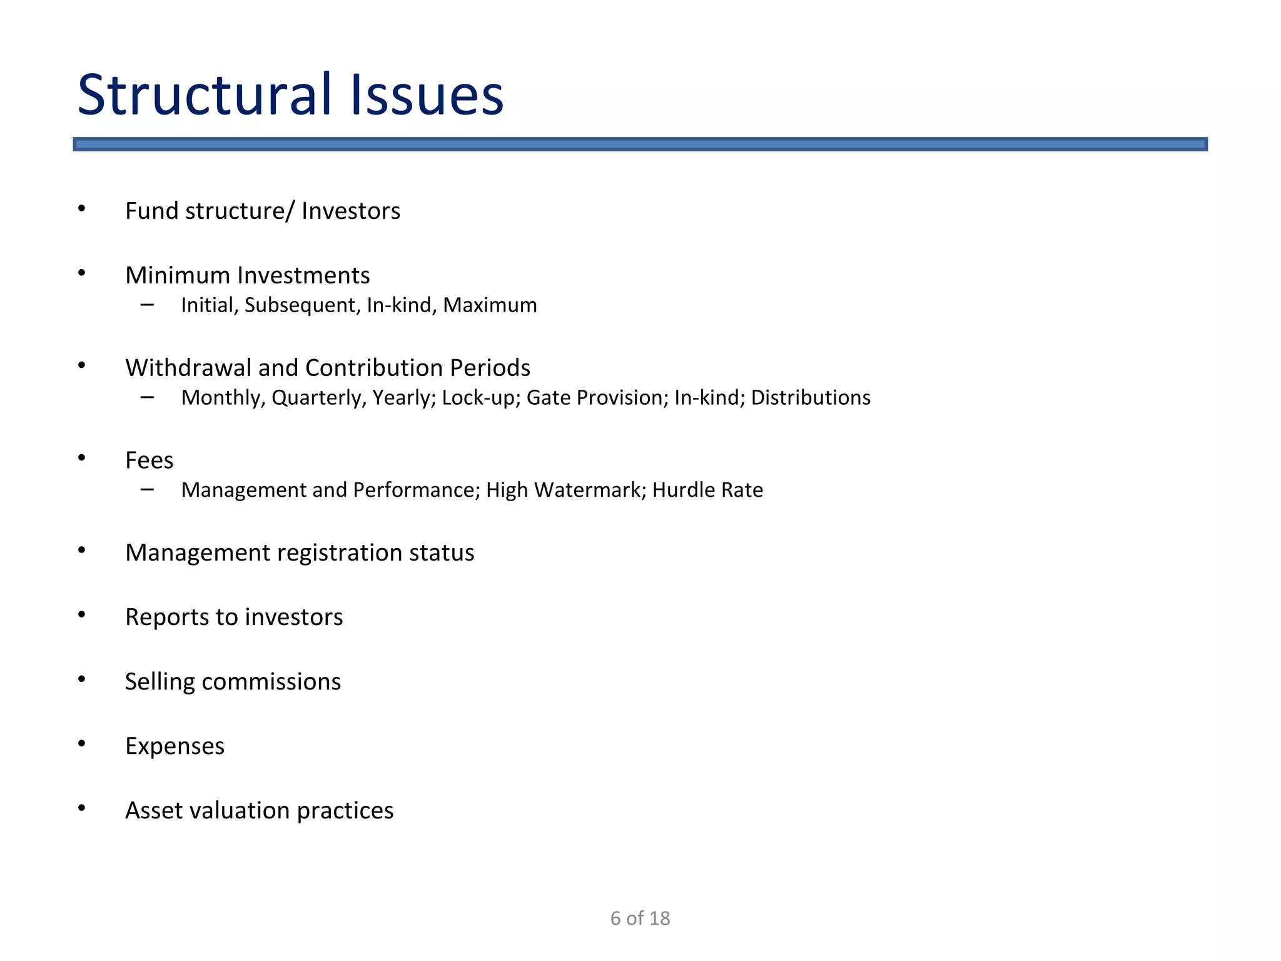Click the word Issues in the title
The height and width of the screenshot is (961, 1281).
click(x=427, y=95)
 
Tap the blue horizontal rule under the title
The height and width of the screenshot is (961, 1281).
click(x=640, y=145)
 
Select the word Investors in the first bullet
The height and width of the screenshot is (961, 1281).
click(x=350, y=211)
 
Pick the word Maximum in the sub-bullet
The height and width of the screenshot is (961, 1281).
click(x=490, y=305)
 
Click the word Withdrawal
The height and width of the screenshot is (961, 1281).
click(x=188, y=368)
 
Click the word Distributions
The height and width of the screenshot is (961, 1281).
click(x=811, y=398)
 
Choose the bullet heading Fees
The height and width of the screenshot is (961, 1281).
click(x=149, y=460)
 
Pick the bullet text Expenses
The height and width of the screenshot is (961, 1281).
click(x=175, y=746)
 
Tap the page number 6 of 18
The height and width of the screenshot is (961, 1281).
click(x=640, y=918)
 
